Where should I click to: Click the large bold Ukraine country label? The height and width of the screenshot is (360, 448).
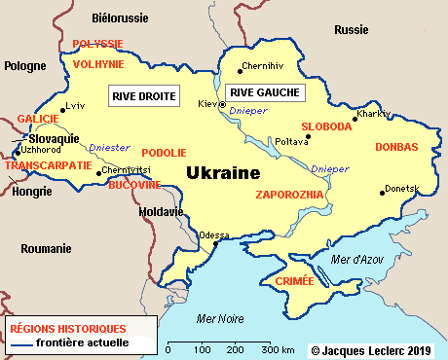point(223,173)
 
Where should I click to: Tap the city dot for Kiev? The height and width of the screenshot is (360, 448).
point(223,103)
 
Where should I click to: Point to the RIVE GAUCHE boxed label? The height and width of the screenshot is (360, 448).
point(264,93)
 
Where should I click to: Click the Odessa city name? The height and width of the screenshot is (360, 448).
point(213,234)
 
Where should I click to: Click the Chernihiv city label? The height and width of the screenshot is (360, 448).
point(265,66)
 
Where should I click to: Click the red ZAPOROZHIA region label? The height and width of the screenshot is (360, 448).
point(288,195)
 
